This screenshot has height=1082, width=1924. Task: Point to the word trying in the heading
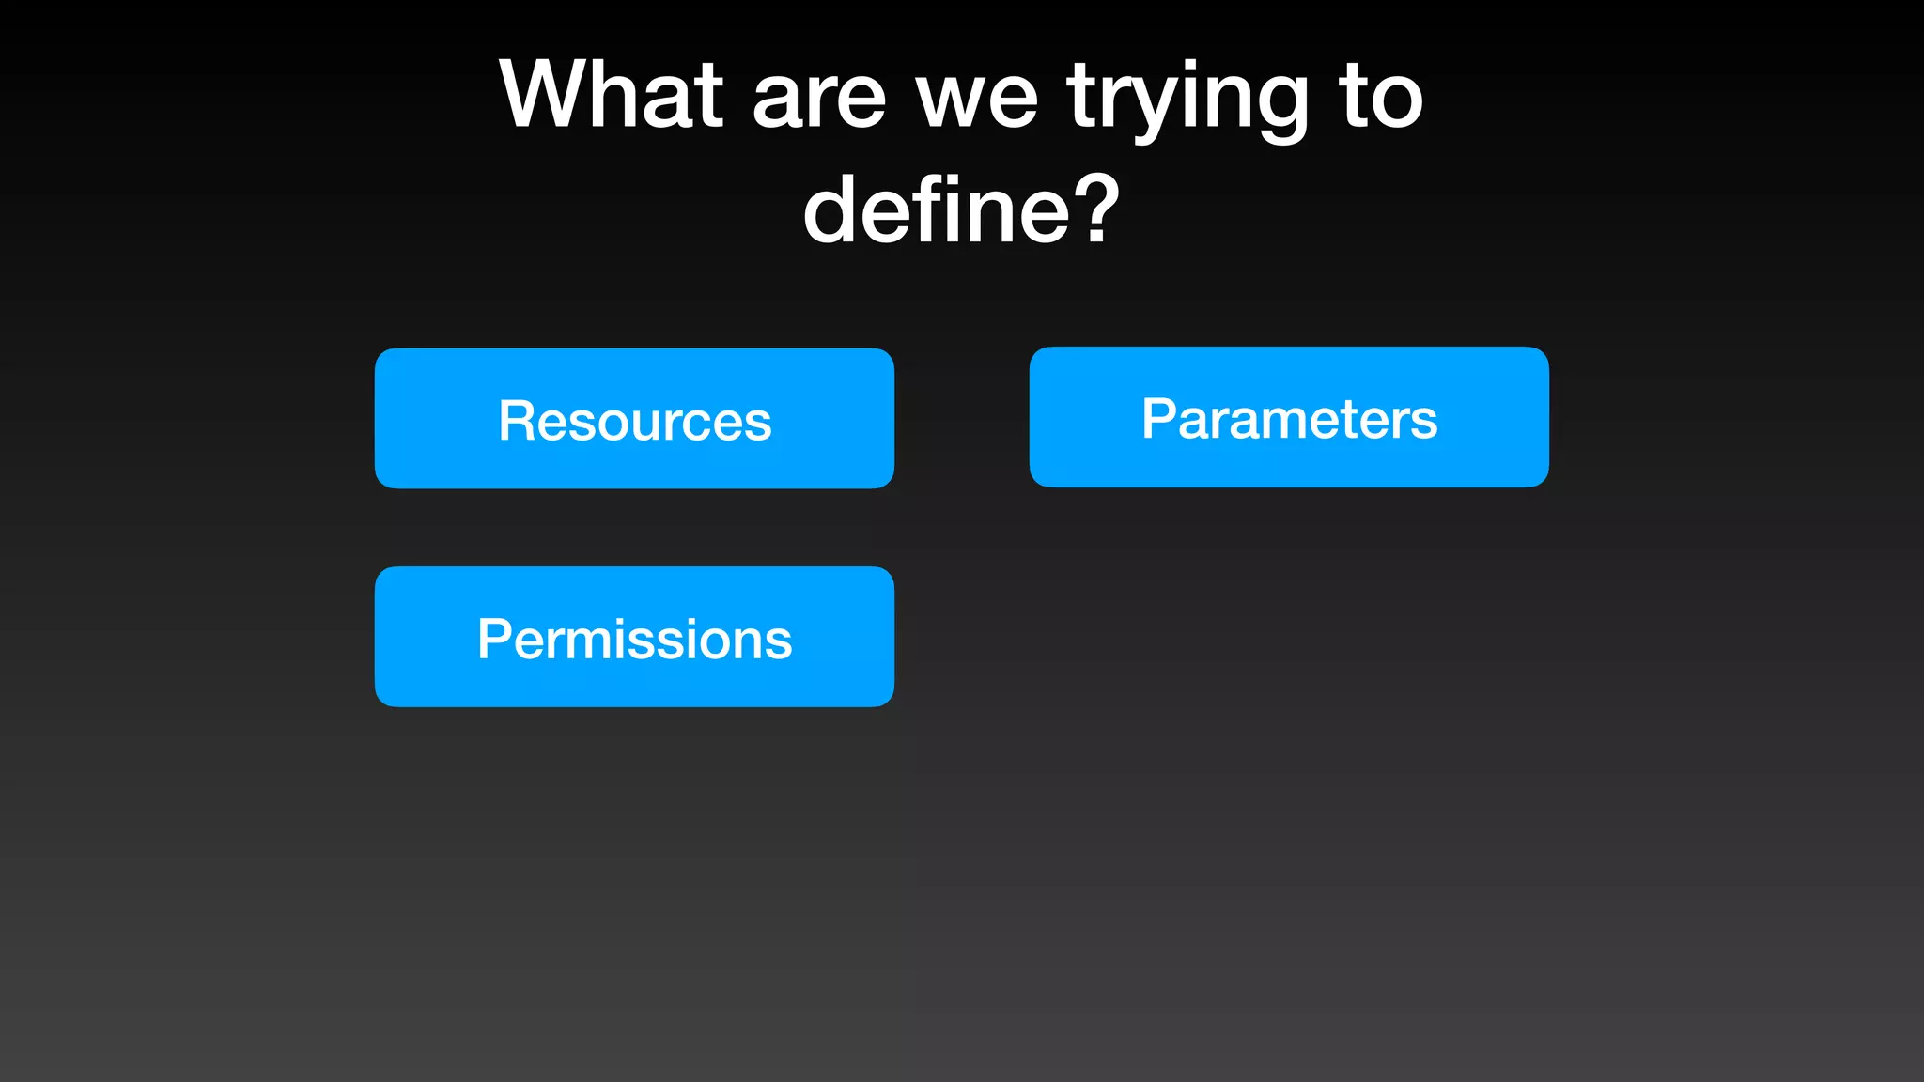pos(1187,99)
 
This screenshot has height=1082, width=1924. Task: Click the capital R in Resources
pos(517,420)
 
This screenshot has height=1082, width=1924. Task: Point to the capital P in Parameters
pos(1158,418)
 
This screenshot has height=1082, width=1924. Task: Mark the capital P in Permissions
pos(494,639)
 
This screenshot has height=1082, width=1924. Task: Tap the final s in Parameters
pos(1424,423)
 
